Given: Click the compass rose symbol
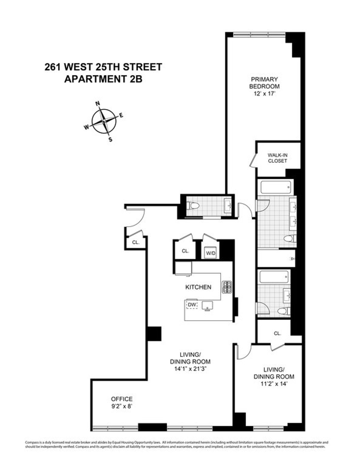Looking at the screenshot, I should pos(104,121).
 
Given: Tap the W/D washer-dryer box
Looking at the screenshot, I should pos(210,253).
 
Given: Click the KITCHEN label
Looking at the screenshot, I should pos(198,287).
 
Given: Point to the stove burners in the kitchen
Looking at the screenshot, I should pos(226,288).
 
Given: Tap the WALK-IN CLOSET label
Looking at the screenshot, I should pos(277,158).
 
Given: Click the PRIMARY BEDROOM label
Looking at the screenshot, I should pos(264,83).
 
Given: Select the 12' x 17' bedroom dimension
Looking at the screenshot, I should pos(264,94).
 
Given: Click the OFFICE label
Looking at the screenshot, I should pos(122,399).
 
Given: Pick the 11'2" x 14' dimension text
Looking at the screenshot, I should pos(274,383).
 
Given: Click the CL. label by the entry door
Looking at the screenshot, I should pos(136,243).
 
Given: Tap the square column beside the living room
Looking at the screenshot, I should pos(154,333).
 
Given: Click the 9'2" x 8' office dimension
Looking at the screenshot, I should pos(122,407).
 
